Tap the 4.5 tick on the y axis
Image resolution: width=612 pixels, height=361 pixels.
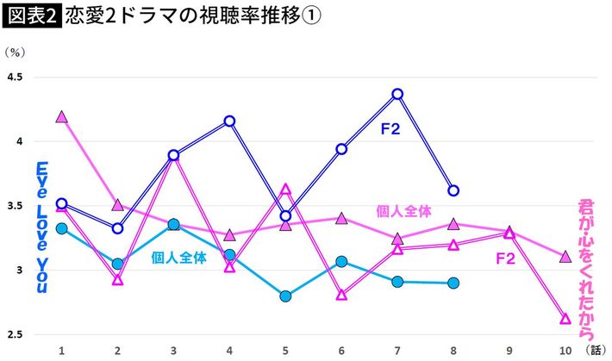[x=16, y=78]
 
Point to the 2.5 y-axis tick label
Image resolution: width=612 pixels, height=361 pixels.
[x=16, y=334]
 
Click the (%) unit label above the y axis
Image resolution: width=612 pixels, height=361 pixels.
[x=15, y=53]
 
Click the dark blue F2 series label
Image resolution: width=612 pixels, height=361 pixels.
[x=391, y=129]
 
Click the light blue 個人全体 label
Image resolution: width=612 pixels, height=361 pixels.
[x=179, y=256]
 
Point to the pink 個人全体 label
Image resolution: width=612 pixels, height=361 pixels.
[x=403, y=209]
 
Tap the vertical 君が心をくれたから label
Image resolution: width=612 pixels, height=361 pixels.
[x=588, y=271]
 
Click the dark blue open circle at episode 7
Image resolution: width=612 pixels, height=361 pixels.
[x=397, y=94]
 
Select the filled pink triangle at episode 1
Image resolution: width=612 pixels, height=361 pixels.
[x=61, y=116]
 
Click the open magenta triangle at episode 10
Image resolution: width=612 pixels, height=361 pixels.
[x=565, y=319]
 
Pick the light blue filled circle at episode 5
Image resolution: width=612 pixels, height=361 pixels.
[x=285, y=296]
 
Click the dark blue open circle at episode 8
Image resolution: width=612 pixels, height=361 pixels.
[x=453, y=190]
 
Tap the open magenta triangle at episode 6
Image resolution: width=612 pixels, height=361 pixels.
[x=341, y=295]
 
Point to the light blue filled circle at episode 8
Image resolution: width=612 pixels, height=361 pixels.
[x=453, y=283]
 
